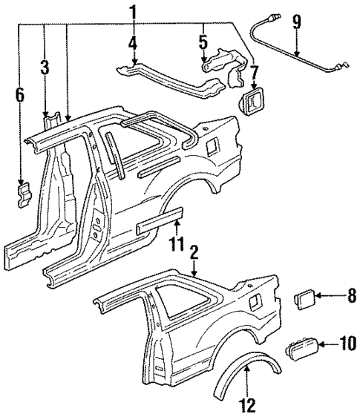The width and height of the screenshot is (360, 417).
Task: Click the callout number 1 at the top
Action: tap(133, 11)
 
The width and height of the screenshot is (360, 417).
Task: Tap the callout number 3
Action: tap(45, 68)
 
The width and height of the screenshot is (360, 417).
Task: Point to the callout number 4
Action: tap(133, 43)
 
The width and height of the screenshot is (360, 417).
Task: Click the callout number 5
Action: tap(203, 42)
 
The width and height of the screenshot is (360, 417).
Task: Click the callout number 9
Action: tap(297, 22)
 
